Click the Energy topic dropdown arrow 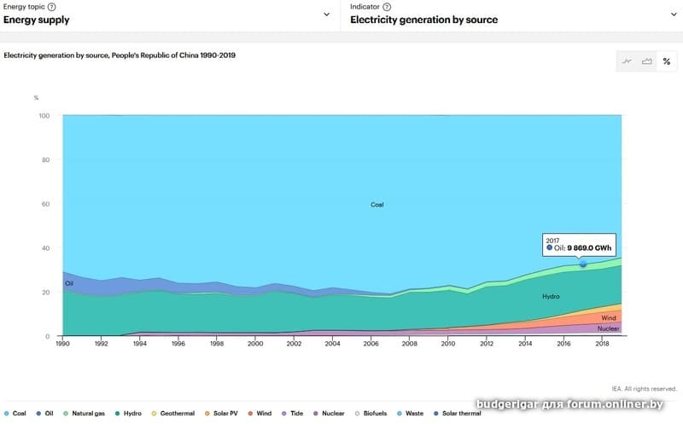[326, 14]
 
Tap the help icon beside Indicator [387, 7]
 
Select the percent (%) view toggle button [666, 61]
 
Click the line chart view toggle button [627, 61]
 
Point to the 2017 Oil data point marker [583, 264]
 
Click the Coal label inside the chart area [377, 205]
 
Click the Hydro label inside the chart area [551, 296]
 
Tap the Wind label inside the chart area [609, 317]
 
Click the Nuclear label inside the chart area [609, 328]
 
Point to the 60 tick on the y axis [45, 204]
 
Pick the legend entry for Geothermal [173, 414]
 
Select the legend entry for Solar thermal [458, 414]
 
